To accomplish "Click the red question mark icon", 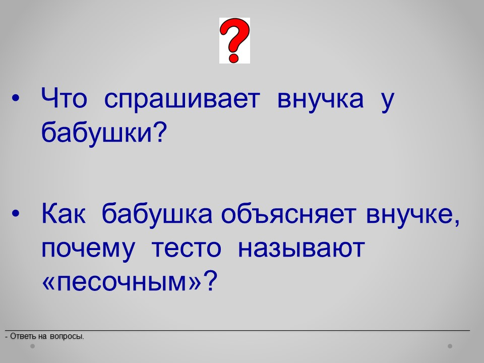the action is pyautogui.click(x=234, y=40).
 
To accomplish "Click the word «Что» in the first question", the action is pyautogui.click(x=64, y=98).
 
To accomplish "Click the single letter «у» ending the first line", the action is pyautogui.click(x=387, y=102).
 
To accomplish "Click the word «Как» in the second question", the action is pyautogui.click(x=64, y=213).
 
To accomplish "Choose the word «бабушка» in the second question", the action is pyautogui.click(x=157, y=215).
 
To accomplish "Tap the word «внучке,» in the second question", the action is pyautogui.click(x=413, y=215).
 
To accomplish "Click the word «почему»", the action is pyautogui.click(x=88, y=250).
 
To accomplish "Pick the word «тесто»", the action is pyautogui.click(x=187, y=248).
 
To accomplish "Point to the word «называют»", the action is pyautogui.click(x=301, y=248).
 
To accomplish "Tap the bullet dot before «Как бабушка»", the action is pyautogui.click(x=16, y=213).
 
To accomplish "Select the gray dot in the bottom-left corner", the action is pyautogui.click(x=32, y=346).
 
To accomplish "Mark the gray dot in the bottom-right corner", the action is pyautogui.click(x=450, y=346).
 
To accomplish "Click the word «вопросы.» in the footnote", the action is pyautogui.click(x=67, y=336).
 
